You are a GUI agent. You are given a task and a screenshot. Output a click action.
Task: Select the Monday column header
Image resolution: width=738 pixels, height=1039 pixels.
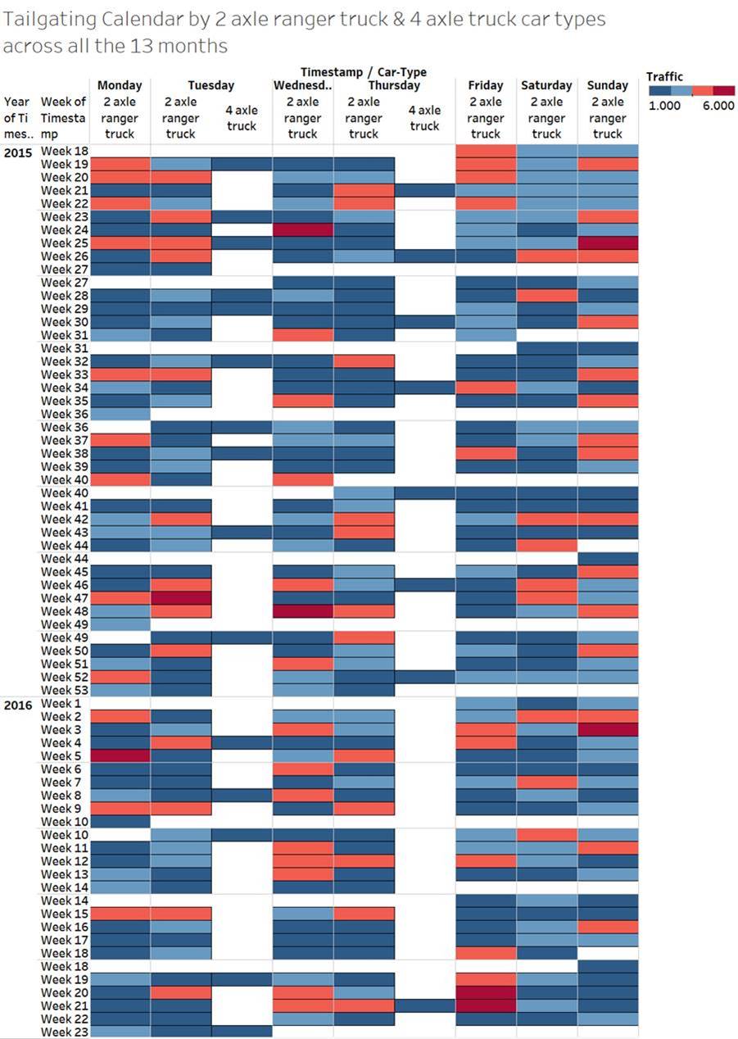[x=120, y=85]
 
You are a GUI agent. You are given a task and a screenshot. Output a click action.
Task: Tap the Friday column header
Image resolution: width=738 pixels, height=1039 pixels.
[x=486, y=85]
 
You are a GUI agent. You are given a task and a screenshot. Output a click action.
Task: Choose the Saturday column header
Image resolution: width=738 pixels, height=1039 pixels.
[x=546, y=85]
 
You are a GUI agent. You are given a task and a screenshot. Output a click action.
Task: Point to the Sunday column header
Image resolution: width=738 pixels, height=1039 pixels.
[x=608, y=85]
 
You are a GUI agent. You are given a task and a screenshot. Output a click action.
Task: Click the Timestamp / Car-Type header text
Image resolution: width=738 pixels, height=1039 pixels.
[x=363, y=72]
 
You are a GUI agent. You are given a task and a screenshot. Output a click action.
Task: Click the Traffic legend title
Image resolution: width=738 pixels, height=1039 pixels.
[x=664, y=76]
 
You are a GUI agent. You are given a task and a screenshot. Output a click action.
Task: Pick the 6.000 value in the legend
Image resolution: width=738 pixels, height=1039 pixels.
[x=718, y=106]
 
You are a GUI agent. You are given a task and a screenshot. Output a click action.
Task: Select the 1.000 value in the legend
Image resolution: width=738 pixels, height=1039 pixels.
[x=664, y=106]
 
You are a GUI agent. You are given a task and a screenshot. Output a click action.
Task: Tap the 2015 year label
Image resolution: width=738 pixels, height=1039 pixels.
[x=17, y=152]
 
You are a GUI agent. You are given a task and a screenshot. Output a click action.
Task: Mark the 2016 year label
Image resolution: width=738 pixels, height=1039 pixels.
[x=17, y=704]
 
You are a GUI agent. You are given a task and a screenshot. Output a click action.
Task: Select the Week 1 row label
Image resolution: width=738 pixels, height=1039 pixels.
[x=61, y=703]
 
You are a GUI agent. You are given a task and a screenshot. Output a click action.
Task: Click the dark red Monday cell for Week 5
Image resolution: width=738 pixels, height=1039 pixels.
[x=120, y=755]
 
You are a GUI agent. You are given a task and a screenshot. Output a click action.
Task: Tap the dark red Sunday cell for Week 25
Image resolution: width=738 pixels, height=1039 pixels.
[x=608, y=243]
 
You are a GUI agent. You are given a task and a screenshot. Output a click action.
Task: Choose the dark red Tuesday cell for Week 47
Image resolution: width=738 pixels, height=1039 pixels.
[x=181, y=598]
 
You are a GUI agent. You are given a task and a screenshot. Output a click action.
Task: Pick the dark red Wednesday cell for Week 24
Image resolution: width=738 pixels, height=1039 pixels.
[x=303, y=230]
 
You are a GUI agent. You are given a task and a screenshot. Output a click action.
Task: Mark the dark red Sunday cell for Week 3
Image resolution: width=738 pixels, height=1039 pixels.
[x=608, y=729]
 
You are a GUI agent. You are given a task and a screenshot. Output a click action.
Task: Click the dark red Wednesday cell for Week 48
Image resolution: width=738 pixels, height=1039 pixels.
[x=303, y=611]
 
